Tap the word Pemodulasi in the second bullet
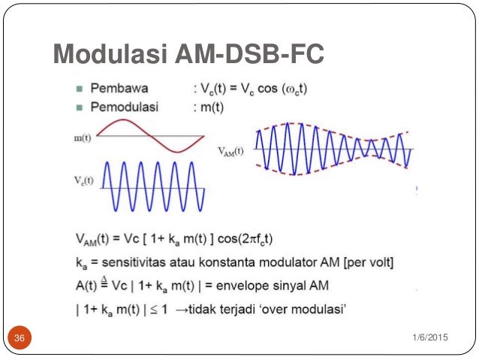126,107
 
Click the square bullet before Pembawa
79,89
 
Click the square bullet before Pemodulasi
79,107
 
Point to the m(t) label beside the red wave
83,139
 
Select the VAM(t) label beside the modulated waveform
231,150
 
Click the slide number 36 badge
20,338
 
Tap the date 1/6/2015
430,337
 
